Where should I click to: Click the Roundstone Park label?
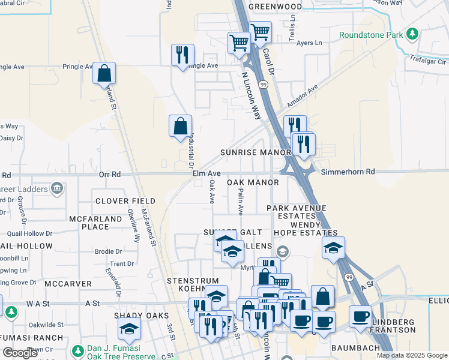coord(370,35)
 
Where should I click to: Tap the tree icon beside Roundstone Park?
coord(412,35)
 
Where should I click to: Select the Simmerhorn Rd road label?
coord(348,172)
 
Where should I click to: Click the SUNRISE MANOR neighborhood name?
coord(255,152)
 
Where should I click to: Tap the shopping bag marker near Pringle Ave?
coord(104,73)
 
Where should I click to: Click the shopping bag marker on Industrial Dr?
coord(180,126)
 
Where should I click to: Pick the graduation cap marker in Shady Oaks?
coord(128,329)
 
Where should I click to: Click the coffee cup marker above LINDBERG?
coord(360,316)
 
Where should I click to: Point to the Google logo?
coord(20,353)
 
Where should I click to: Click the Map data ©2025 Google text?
coord(411,355)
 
